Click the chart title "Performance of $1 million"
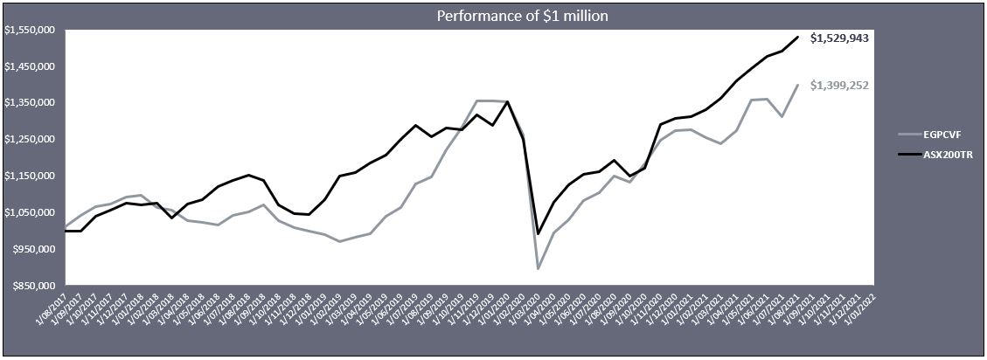click(x=493, y=16)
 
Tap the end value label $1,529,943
click(x=838, y=38)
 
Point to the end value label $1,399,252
click(x=838, y=85)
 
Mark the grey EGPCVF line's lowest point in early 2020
click(x=539, y=268)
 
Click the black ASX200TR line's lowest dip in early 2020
click(x=539, y=233)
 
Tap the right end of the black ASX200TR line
click(x=797, y=37)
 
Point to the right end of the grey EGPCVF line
click(x=797, y=85)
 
